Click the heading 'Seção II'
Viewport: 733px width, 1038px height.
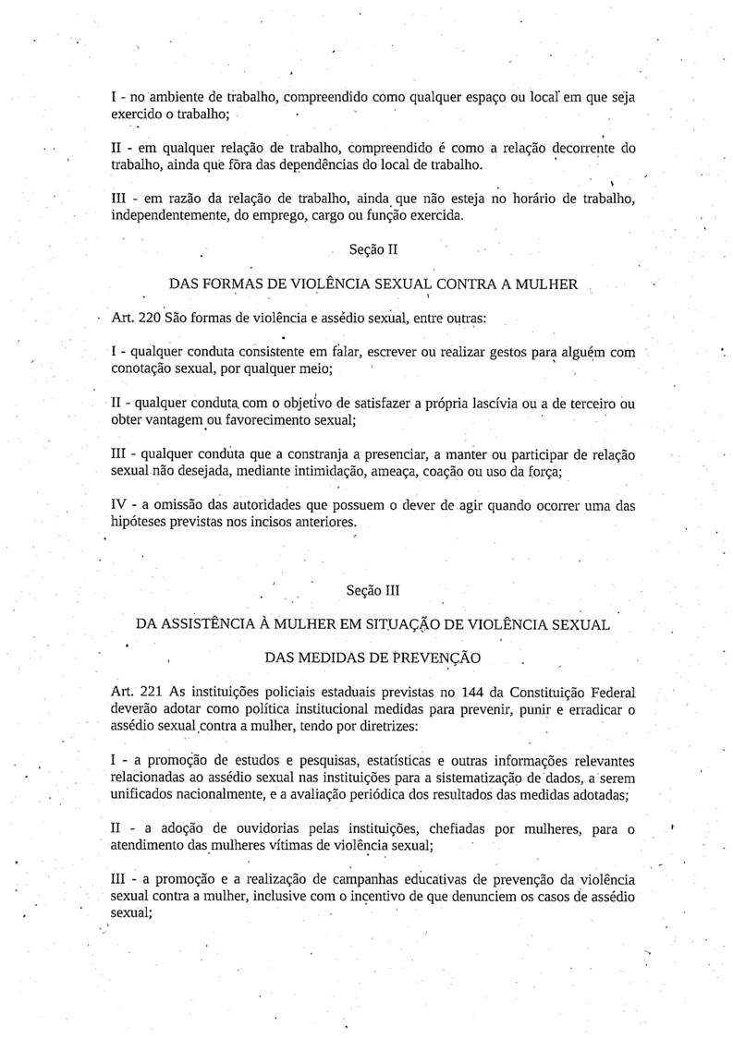pyautogui.click(x=373, y=249)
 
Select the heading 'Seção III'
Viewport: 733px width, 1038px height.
pyautogui.click(x=373, y=589)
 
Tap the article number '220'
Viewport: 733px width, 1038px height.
pyautogui.click(x=147, y=318)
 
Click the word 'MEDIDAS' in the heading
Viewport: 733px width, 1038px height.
pyautogui.click(x=338, y=658)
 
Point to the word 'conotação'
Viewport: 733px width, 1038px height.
pyautogui.click(x=140, y=369)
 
